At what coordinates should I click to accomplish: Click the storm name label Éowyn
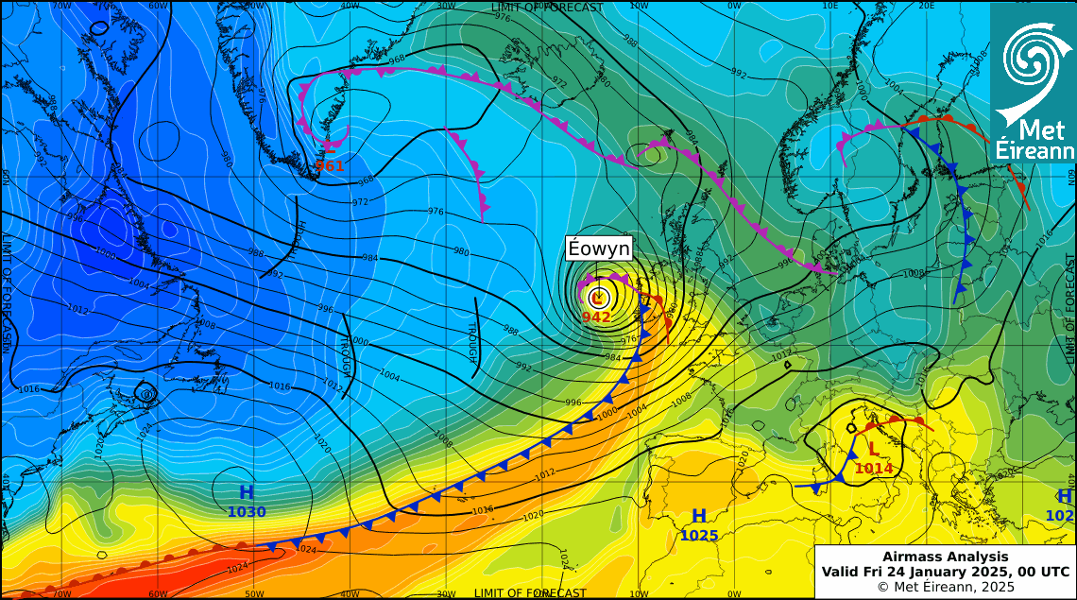click(598, 249)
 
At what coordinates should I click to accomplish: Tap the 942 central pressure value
click(596, 317)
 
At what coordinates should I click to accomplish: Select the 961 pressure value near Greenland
click(330, 166)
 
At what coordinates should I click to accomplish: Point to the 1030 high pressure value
click(247, 512)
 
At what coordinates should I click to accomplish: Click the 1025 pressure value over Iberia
click(699, 536)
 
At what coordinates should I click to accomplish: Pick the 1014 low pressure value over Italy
click(873, 468)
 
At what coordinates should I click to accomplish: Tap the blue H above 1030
click(247, 492)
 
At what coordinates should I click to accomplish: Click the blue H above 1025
click(699, 516)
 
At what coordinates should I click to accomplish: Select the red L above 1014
click(873, 449)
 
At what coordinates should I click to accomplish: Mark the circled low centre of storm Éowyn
click(597, 298)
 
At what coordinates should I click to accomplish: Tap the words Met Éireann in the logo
click(1034, 140)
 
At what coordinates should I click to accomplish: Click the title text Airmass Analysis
click(945, 557)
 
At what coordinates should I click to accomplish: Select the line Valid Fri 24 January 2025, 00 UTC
click(945, 572)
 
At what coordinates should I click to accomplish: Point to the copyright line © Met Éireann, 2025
click(945, 587)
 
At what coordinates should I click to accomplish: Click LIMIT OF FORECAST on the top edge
click(546, 8)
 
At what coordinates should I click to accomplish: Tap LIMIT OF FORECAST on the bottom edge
click(530, 593)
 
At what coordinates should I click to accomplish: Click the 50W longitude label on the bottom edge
click(253, 593)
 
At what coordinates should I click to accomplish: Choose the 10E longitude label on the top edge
click(829, 6)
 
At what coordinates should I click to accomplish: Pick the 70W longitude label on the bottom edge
click(61, 593)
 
